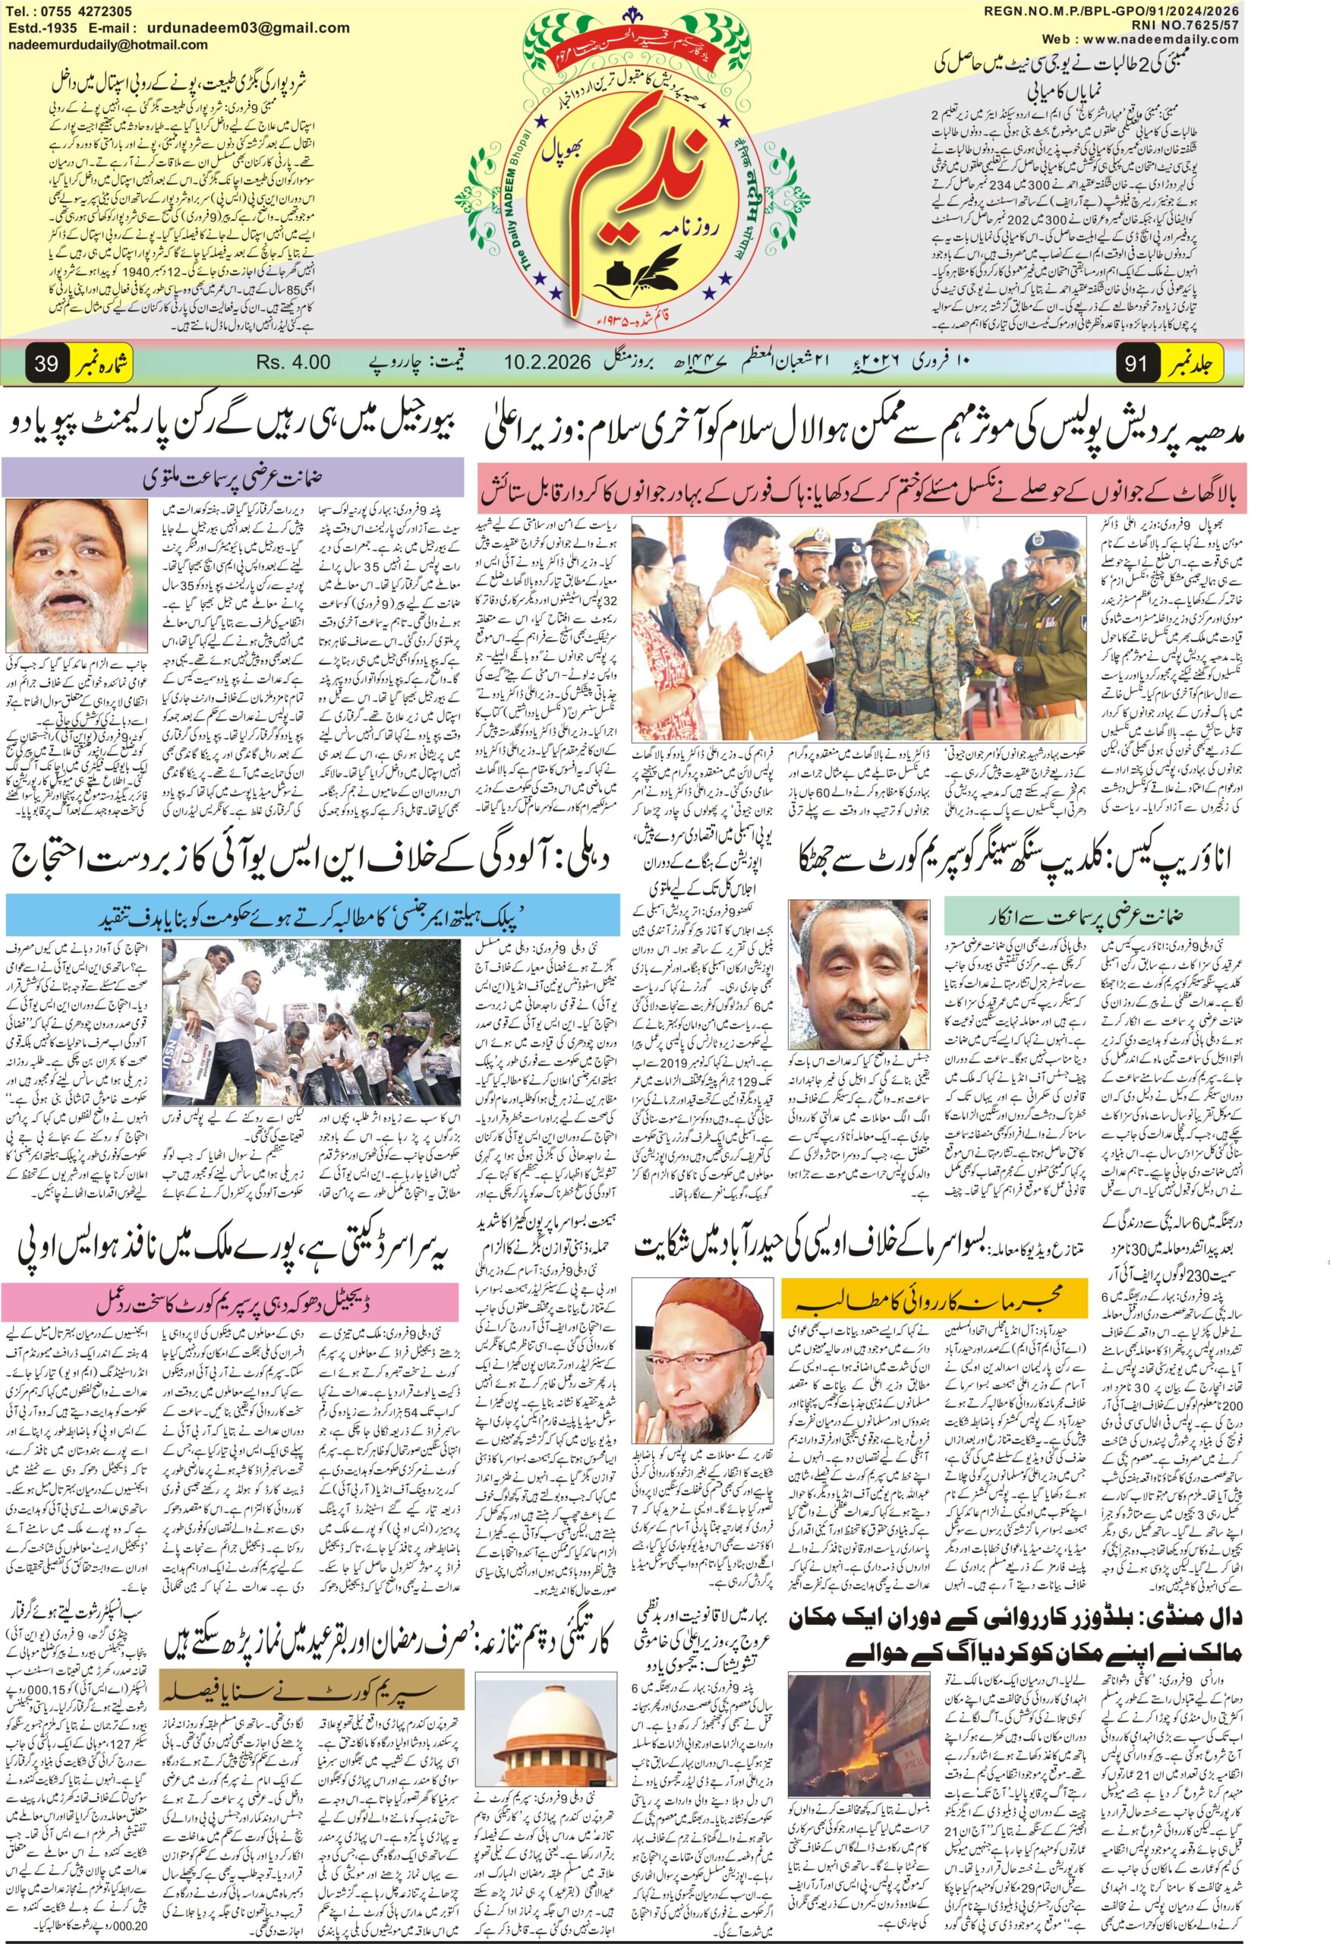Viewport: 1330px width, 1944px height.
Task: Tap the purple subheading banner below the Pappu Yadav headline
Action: coord(232,479)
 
